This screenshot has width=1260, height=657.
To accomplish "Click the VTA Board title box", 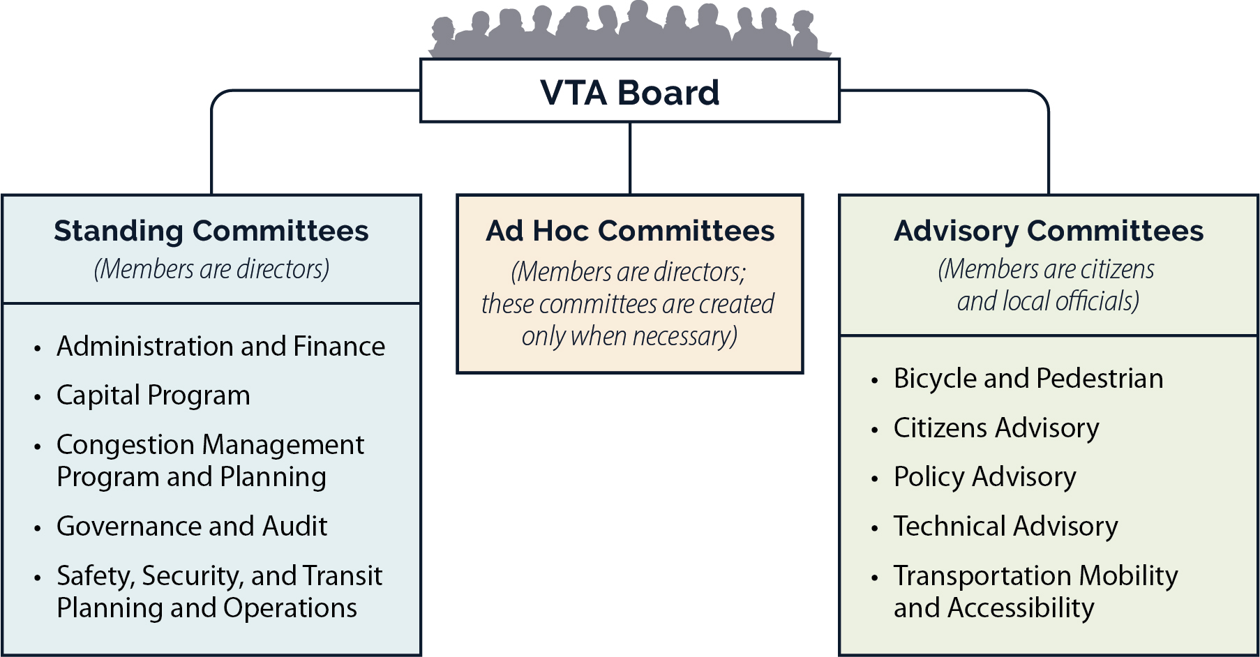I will coord(629,92).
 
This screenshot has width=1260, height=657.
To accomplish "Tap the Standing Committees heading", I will coord(211,231).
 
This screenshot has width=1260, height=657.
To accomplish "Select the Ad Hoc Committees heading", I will coord(629,231).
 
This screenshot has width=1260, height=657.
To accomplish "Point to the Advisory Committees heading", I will coord(1048,231).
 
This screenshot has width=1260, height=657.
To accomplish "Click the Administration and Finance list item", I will coord(220,347).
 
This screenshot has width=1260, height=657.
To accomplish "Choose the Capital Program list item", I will coord(153,395).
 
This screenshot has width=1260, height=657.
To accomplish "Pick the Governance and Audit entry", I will coord(192,527).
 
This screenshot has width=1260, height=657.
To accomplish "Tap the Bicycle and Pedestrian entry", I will coord(1028,379).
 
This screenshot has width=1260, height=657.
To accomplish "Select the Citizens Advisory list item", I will coord(996,428).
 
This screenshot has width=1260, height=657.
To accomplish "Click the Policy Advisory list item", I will coord(984,477).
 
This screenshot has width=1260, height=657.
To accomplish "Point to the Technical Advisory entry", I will coord(1005,527).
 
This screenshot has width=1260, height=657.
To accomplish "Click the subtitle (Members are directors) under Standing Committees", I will coord(211,269).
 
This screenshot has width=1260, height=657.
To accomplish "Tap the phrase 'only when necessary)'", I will coord(629,336).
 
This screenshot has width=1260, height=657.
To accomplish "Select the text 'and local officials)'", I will coord(1048,301).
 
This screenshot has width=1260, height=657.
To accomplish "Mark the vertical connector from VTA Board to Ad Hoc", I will coord(630,158).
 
